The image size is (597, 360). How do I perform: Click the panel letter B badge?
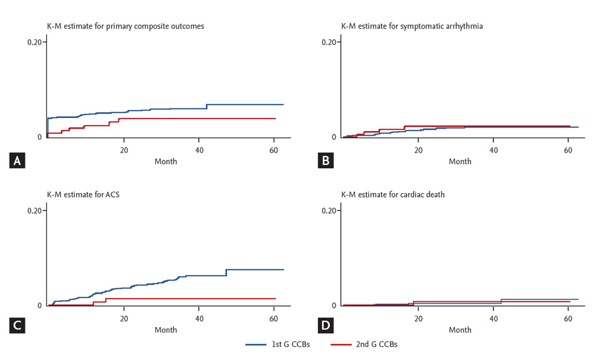(x=323, y=160)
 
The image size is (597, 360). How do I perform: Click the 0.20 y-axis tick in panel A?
(x=35, y=42)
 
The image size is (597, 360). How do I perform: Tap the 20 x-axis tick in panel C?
(x=123, y=318)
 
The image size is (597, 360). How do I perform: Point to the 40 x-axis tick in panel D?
(x=493, y=318)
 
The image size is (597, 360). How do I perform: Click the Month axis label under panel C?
(x=166, y=330)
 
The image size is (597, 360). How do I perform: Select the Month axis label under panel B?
(x=460, y=162)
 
